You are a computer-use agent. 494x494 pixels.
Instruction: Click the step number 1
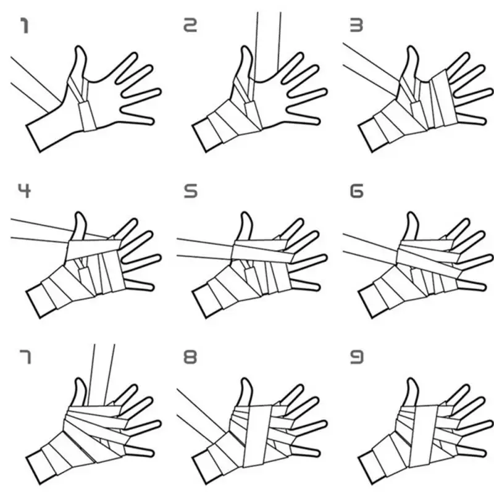[x=24, y=26]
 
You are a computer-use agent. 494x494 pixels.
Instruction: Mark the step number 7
[x=23, y=356]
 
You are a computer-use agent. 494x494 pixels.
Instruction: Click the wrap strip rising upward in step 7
[x=102, y=371]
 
